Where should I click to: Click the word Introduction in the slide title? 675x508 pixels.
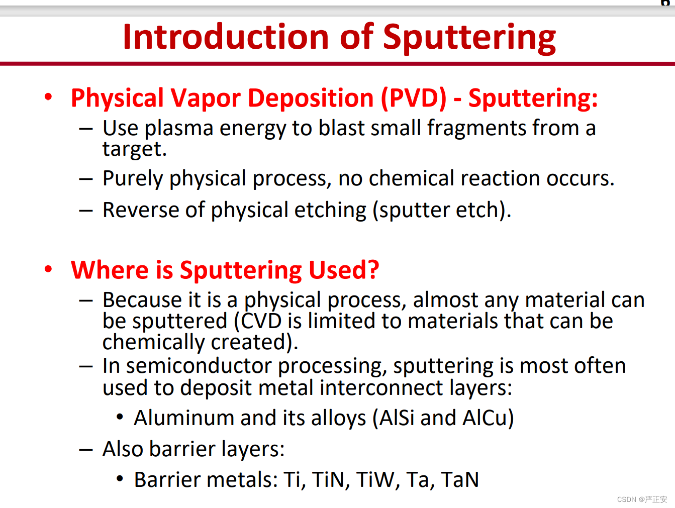coord(226,37)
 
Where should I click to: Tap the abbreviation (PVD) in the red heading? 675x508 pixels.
coord(414,98)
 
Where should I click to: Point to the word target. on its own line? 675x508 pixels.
coord(134,150)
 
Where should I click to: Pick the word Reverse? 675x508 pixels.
coord(141,210)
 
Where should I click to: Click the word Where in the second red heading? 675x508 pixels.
coord(110,270)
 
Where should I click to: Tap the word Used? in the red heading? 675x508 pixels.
coord(343,270)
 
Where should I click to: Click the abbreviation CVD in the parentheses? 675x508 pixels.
coord(261,321)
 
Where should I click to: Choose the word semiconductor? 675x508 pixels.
coord(199,366)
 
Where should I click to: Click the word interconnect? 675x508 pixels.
coord(381,388)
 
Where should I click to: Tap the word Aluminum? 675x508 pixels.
coord(184,418)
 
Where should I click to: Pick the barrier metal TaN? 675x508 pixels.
coord(460,480)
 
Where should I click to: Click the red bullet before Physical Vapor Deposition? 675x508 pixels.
coord(48,97)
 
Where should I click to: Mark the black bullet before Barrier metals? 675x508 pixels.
coord(120,479)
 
